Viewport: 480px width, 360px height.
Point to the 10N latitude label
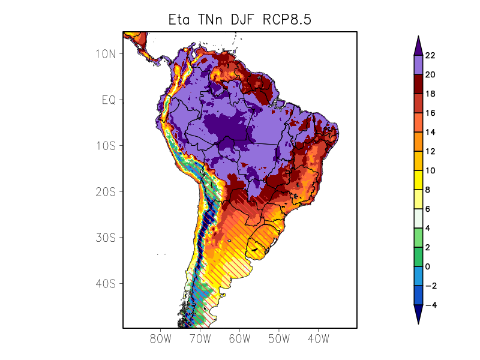[x=105, y=54]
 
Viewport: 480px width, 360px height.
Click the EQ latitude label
[x=108, y=100]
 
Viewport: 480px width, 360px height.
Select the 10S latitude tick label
[x=105, y=146]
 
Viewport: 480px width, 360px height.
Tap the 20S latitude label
[x=105, y=192]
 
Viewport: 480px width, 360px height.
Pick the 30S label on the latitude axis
[x=105, y=238]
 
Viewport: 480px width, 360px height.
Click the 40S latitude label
[x=105, y=283]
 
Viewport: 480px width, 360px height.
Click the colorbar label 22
[x=430, y=56]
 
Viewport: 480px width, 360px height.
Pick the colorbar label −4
[x=430, y=305]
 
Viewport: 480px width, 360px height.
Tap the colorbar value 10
[x=430, y=171]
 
